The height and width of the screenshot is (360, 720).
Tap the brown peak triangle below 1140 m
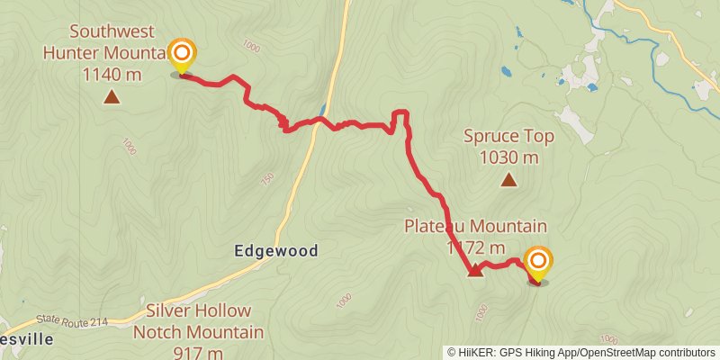tap(112, 96)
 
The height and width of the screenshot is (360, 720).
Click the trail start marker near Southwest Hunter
tap(181, 56)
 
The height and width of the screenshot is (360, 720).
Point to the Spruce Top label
tap(508, 137)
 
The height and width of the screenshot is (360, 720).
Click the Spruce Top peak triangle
tap(508, 180)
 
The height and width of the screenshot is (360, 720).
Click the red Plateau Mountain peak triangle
tap(475, 269)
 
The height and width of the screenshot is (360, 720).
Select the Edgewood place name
tap(277, 251)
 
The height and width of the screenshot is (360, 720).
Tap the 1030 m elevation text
tap(508, 157)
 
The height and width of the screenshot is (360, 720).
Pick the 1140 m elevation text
tap(112, 75)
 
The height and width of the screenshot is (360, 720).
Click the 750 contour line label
tap(266, 179)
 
